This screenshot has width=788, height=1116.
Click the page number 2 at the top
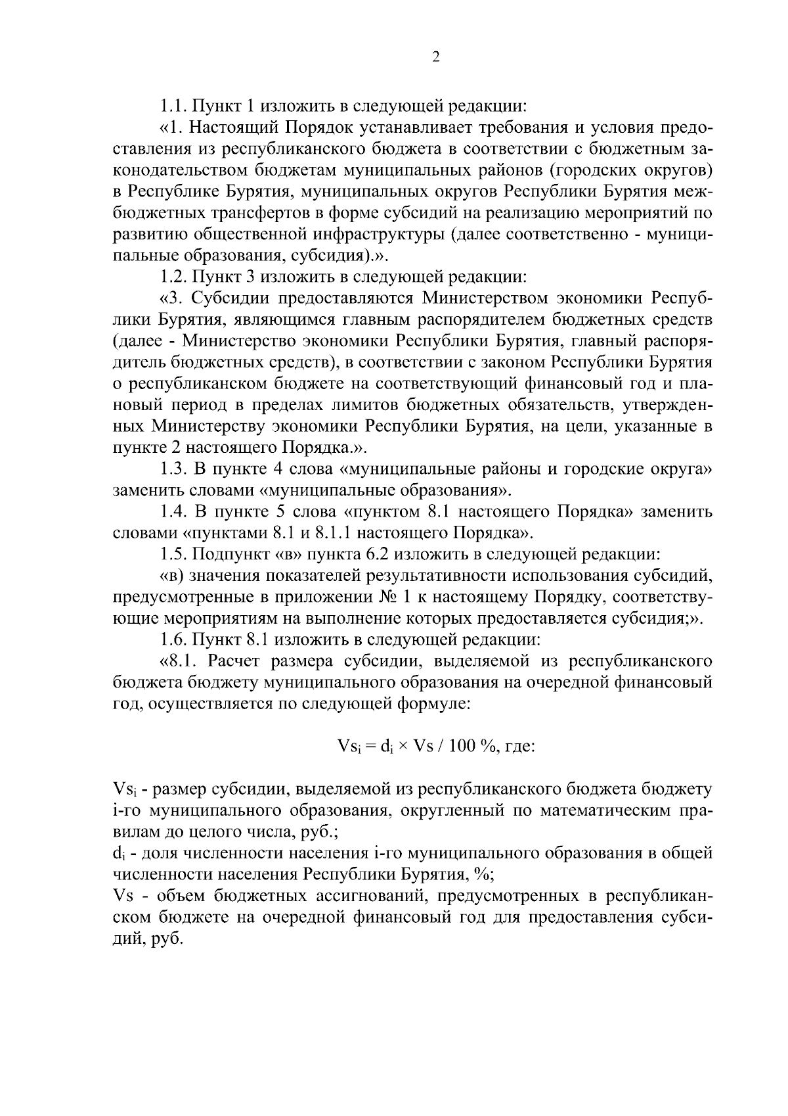(436, 57)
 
